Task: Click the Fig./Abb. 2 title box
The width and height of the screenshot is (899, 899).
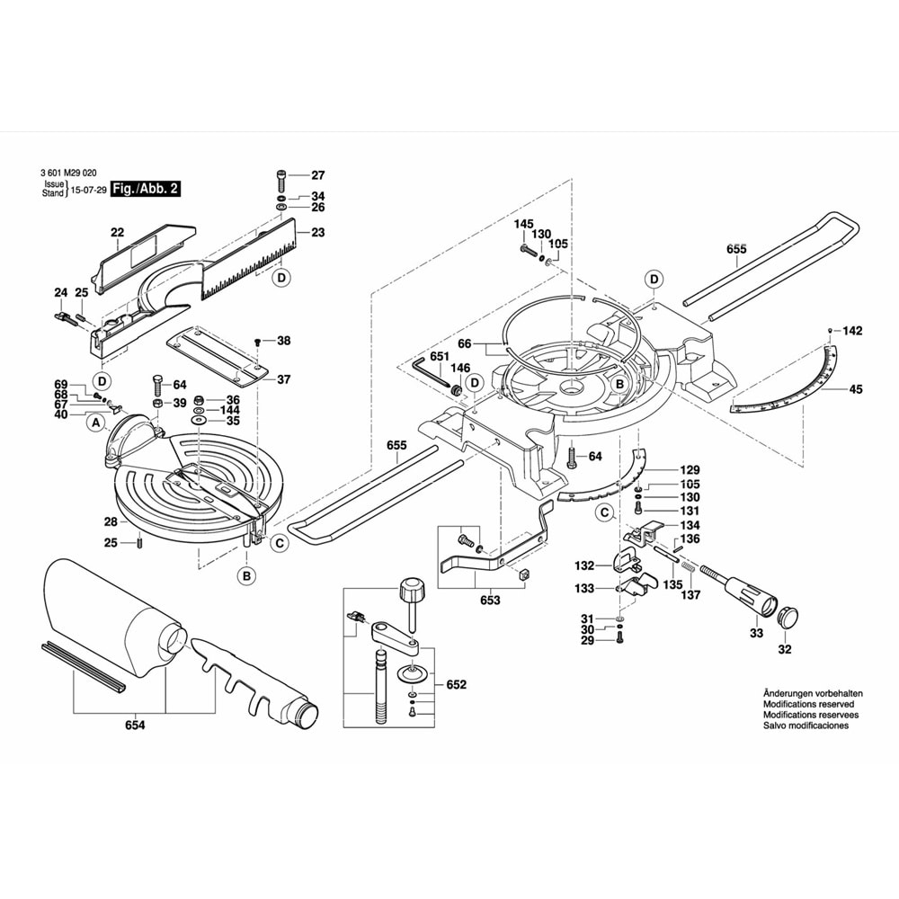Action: (x=146, y=189)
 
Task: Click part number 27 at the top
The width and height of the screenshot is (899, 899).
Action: (x=318, y=175)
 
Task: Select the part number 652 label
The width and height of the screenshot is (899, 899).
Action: (x=458, y=686)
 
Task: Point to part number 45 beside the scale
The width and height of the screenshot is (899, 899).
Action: (x=855, y=389)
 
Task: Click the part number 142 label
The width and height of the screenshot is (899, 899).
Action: (x=852, y=331)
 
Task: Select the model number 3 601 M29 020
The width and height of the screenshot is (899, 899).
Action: (x=69, y=174)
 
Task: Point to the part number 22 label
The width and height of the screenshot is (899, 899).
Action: (x=117, y=233)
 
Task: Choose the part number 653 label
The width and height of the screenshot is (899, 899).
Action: (x=490, y=601)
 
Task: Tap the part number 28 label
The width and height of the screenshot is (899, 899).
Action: (x=110, y=521)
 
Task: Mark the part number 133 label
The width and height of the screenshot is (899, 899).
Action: (x=584, y=589)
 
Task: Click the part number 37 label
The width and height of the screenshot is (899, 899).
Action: (x=283, y=379)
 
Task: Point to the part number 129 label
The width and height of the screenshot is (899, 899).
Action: (x=690, y=471)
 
